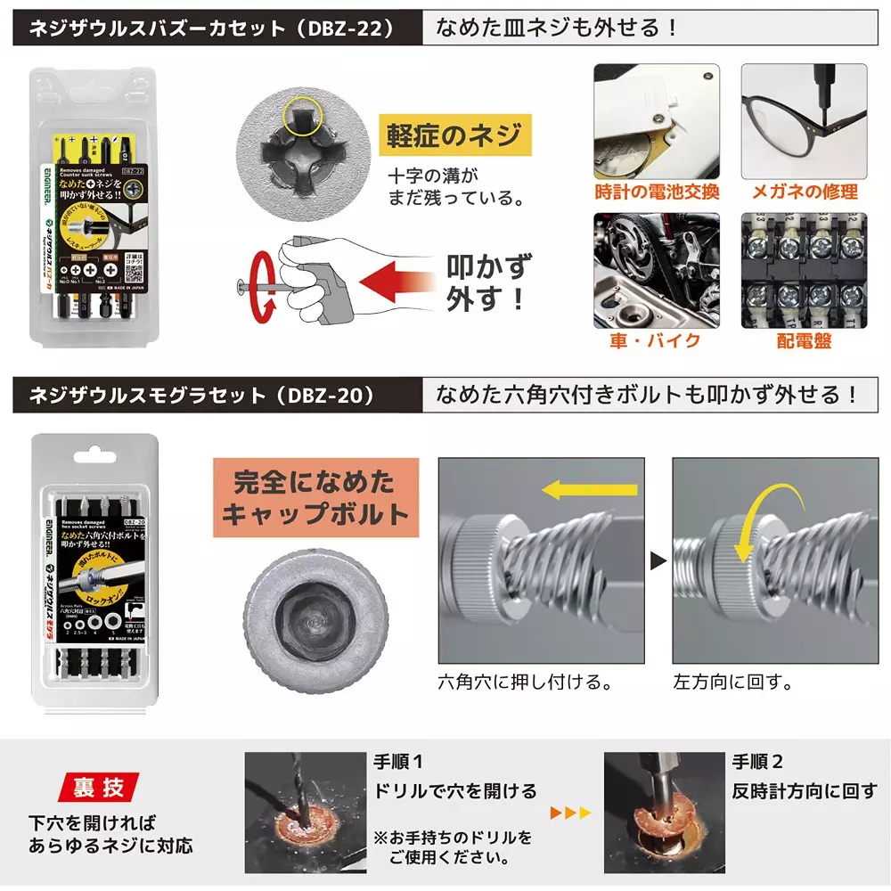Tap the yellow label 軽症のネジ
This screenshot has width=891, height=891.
[454, 135]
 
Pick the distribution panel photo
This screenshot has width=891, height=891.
[804, 271]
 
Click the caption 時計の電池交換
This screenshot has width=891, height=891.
[657, 192]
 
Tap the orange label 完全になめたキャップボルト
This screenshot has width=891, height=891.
[314, 498]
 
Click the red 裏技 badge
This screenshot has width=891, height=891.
[98, 788]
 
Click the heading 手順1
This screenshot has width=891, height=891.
[398, 763]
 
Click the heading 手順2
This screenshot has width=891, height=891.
[757, 763]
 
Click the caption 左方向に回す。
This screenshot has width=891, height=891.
[732, 683]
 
